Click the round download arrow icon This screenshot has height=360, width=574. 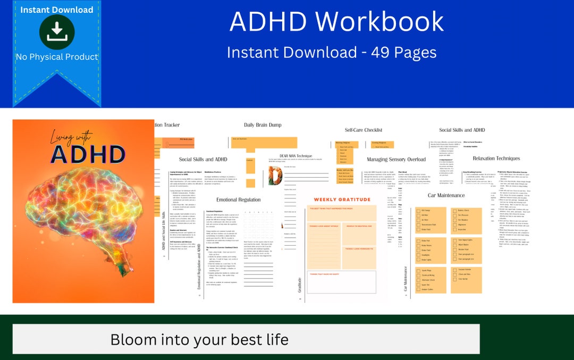56,32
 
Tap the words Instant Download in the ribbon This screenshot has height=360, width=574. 56,10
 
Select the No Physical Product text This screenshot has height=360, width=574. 57,57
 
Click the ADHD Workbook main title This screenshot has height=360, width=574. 336,22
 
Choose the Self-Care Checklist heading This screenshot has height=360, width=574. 364,130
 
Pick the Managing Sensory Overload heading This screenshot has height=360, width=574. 396,160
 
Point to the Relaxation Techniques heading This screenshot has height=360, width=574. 496,158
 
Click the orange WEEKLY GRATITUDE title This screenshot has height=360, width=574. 342,200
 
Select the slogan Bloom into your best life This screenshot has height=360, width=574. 199,340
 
